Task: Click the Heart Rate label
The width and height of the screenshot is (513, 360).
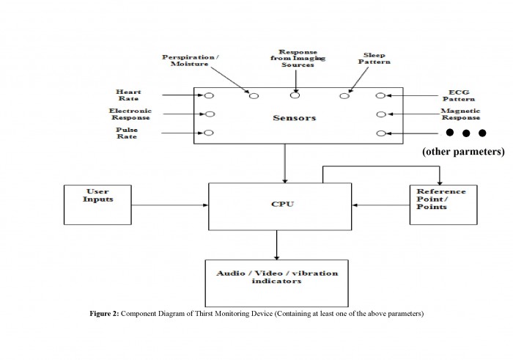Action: click(128, 95)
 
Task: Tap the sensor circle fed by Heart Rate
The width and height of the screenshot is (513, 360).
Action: click(209, 95)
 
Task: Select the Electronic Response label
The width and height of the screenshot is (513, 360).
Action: click(130, 114)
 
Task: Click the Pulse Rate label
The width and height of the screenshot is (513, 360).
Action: click(127, 133)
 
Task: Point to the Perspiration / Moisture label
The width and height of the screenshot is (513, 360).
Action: click(191, 61)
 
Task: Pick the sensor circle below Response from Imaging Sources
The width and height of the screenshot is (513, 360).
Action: click(295, 95)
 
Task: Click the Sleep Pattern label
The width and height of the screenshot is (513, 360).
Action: click(374, 59)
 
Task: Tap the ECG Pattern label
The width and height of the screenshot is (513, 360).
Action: click(459, 95)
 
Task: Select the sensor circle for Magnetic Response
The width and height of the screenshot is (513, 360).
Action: click(381, 114)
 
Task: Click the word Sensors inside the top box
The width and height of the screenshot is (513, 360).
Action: click(295, 118)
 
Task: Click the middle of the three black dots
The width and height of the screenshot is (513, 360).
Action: click(466, 133)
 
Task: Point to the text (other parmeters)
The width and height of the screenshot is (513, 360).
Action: click(463, 152)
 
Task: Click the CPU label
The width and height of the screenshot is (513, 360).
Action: click(283, 205)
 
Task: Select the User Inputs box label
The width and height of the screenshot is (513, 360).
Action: click(97, 195)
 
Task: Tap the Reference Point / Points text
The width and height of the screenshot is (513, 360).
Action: click(440, 199)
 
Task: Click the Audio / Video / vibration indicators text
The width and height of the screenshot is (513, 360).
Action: click(277, 277)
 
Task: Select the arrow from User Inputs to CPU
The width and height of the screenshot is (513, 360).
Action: click(170, 205)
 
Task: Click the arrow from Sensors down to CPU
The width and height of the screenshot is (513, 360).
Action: click(285, 164)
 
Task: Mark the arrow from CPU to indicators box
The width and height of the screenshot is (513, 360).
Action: click(276, 245)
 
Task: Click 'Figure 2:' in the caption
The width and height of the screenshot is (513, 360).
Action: click(104, 314)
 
